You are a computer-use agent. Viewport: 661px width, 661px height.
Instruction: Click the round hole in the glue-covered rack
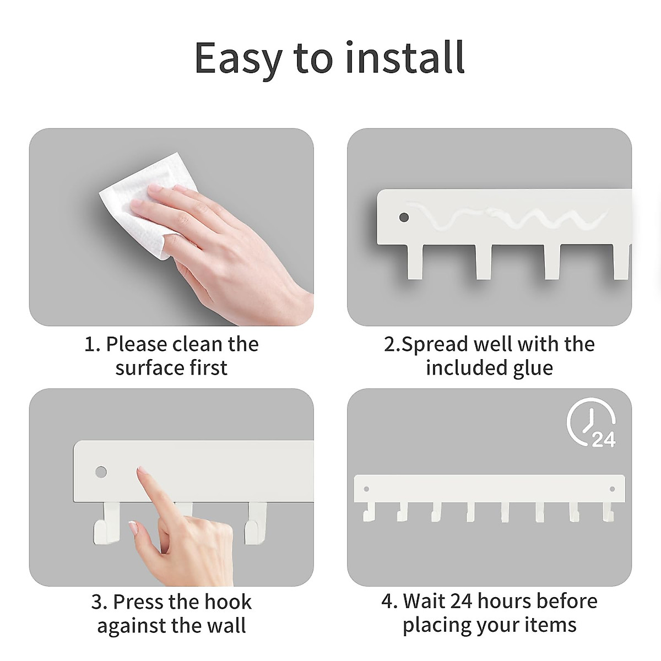[404, 218]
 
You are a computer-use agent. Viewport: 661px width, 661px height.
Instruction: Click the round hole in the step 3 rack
[101, 472]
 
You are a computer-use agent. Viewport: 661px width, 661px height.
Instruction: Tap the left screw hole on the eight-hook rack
[366, 488]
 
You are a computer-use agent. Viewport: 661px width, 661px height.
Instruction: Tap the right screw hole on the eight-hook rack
[612, 488]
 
